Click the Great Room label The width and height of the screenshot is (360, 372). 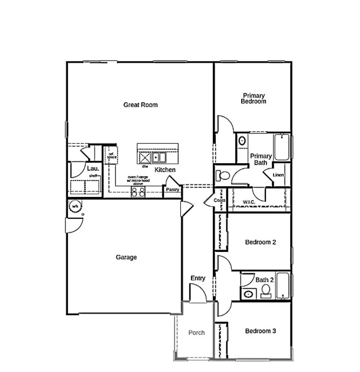pyautogui.click(x=140, y=105)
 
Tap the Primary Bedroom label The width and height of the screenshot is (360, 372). pyautogui.click(x=254, y=98)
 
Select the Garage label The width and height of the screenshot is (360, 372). pyautogui.click(x=126, y=257)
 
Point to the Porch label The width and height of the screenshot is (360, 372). pyautogui.click(x=196, y=333)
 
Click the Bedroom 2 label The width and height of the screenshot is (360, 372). pyautogui.click(x=261, y=243)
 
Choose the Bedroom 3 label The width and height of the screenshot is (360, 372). pyautogui.click(x=261, y=331)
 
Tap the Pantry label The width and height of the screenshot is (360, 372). pyautogui.click(x=172, y=190)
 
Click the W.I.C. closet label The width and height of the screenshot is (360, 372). pyautogui.click(x=249, y=202)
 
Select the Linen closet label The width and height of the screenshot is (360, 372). pyautogui.click(x=278, y=175)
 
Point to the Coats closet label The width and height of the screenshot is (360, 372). pyautogui.click(x=219, y=200)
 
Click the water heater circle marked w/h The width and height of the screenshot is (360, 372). pyautogui.click(x=75, y=206)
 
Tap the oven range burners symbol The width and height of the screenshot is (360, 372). pyautogui.click(x=138, y=192)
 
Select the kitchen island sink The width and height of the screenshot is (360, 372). pyautogui.click(x=159, y=157)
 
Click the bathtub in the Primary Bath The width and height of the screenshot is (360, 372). pyautogui.click(x=282, y=147)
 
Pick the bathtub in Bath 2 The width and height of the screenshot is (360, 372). pyautogui.click(x=282, y=286)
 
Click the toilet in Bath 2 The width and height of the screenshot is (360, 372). pyautogui.click(x=266, y=290)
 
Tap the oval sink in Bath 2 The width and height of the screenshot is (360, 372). pyautogui.click(x=248, y=294)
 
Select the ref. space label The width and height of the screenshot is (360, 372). pyautogui.click(x=111, y=156)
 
